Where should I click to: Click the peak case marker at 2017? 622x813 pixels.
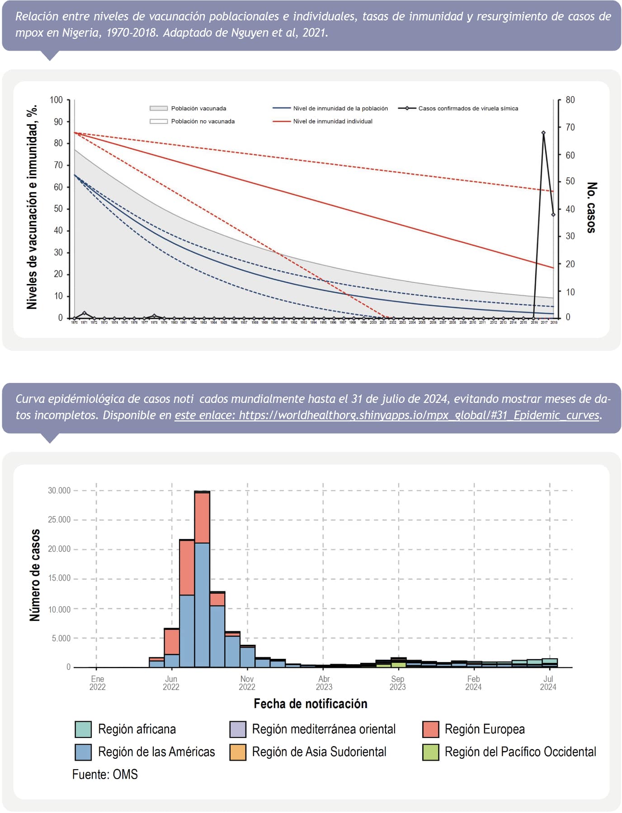[543, 133]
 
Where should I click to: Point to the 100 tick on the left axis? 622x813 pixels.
[56, 100]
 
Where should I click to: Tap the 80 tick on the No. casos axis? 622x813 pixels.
[570, 100]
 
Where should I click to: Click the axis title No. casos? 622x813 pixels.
[592, 208]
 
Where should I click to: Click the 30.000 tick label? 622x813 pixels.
[59, 491]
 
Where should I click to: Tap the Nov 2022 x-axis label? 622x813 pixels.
[247, 683]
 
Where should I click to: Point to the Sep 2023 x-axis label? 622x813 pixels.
[398, 683]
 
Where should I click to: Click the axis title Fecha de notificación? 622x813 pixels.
[311, 704]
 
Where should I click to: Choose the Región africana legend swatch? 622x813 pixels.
[83, 729]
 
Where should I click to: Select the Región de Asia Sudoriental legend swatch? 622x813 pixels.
[238, 752]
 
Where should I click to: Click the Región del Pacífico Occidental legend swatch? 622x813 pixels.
[431, 752]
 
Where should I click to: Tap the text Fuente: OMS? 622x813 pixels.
[105, 775]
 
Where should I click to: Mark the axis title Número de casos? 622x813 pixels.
[35, 575]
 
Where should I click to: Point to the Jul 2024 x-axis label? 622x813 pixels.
[548, 683]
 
